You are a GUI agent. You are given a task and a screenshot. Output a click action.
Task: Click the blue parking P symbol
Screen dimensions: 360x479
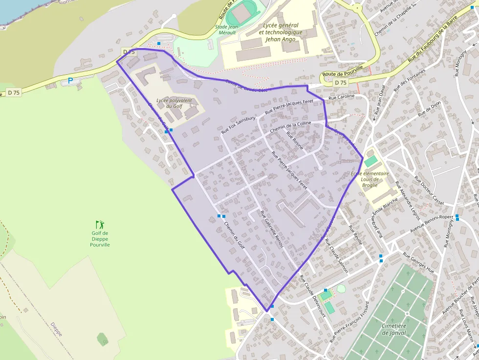(x=70, y=81)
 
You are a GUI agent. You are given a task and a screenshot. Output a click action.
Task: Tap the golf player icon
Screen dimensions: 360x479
(x=100, y=225)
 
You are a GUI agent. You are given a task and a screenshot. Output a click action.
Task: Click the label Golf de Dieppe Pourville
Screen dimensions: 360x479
(x=100, y=238)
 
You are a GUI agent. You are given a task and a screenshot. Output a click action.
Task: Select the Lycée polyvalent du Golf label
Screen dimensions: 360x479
(x=174, y=104)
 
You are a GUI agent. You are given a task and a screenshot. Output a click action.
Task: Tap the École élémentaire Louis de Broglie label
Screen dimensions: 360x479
(x=370, y=179)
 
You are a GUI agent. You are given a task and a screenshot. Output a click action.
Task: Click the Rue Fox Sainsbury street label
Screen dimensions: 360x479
(x=239, y=125)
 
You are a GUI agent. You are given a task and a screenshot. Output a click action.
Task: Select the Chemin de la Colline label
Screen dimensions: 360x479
(x=290, y=127)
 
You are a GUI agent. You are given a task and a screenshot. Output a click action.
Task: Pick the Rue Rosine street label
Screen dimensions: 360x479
(x=295, y=141)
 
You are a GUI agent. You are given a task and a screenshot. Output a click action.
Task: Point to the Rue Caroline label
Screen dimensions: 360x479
(x=341, y=98)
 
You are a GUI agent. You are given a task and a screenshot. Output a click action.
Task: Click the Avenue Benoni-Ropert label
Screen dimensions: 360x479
(x=432, y=223)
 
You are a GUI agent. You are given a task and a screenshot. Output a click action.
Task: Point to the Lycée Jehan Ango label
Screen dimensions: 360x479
(x=283, y=32)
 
